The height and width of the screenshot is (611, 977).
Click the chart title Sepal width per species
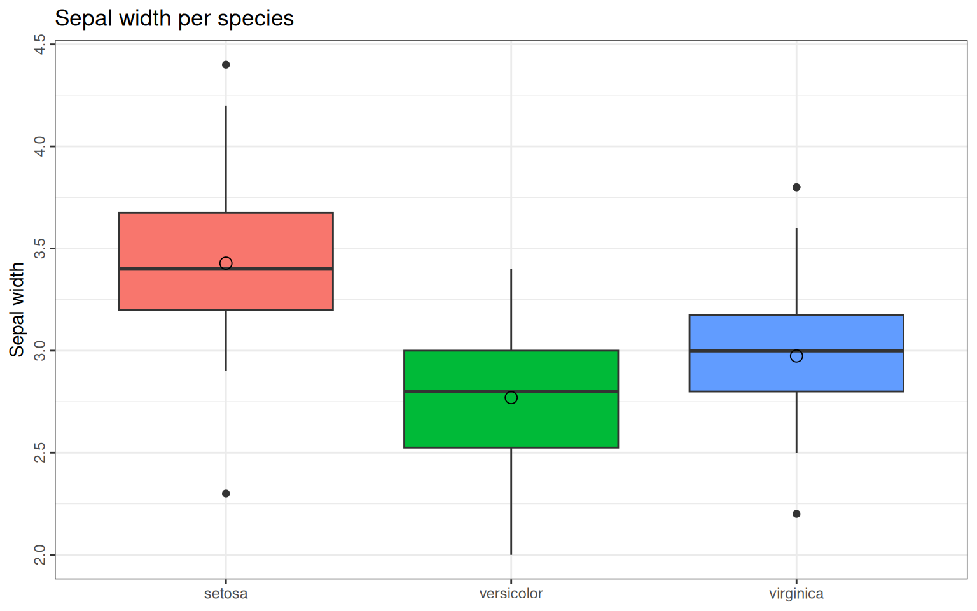[174, 18]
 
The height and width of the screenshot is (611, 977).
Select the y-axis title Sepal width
[17, 309]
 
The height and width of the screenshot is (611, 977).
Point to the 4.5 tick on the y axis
[39, 45]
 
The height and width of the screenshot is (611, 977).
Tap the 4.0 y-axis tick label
[39, 146]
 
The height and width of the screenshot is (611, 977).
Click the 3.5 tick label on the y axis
[39, 248]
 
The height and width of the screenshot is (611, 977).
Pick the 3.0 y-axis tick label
[39, 351]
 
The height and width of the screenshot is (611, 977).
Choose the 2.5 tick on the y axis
[39, 453]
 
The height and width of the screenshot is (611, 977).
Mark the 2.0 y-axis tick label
[39, 554]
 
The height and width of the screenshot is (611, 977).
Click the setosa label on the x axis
[226, 594]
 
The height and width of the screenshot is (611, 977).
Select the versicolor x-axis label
[511, 594]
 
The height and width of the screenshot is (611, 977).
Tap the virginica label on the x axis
[796, 594]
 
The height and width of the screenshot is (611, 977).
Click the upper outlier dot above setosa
[226, 65]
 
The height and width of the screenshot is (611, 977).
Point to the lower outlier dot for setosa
[226, 493]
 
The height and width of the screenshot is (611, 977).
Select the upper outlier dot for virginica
[796, 187]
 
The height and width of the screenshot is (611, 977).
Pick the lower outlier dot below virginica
[796, 514]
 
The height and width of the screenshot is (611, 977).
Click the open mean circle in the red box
[226, 263]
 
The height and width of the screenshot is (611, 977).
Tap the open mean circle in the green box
[511, 398]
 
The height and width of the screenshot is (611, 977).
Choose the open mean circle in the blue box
[796, 356]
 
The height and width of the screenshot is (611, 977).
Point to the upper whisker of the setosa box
[226, 159]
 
